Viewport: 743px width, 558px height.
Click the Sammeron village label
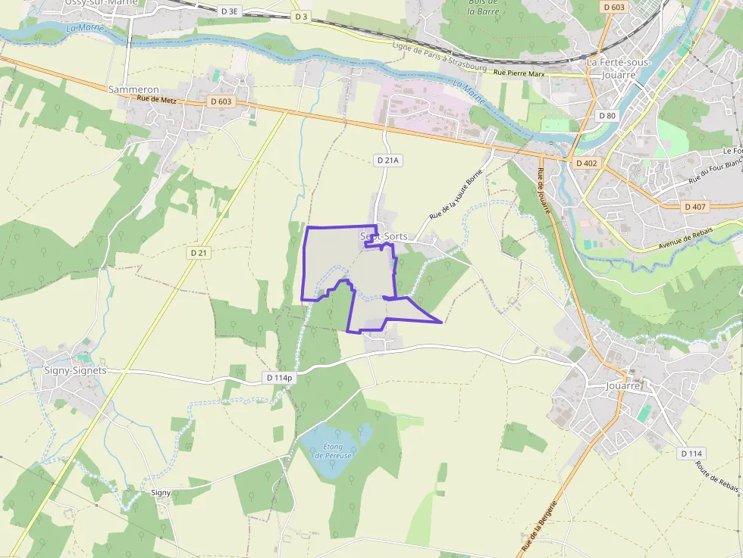point(133,89)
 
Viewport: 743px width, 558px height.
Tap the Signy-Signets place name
point(75,370)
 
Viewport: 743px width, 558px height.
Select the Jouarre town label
point(623,385)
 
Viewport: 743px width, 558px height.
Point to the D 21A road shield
point(387,161)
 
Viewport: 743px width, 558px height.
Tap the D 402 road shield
point(586,163)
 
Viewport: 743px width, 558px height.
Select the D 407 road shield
point(695,206)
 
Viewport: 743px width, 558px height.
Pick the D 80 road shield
point(607,116)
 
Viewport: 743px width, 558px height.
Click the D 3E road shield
point(228,11)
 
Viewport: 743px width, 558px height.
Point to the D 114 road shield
point(691,453)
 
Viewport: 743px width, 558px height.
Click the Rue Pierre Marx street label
point(519,73)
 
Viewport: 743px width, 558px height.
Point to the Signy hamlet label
point(161,492)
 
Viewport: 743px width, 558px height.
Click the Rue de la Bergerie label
point(540,525)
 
